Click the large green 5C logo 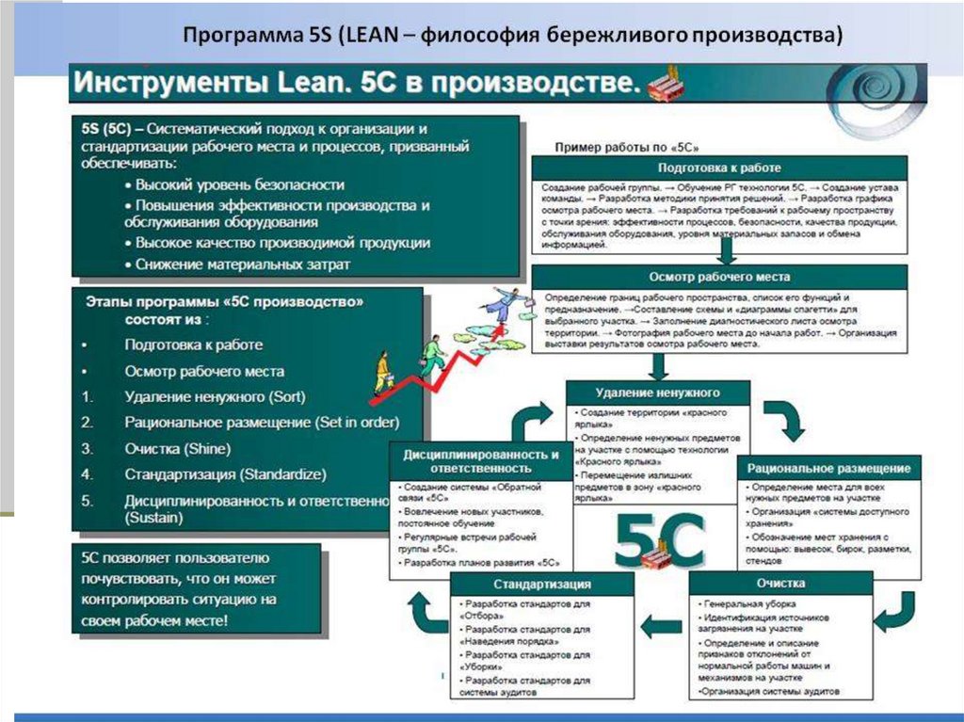click(x=659, y=538)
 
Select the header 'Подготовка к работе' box click(x=719, y=168)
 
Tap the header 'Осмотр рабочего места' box click(x=719, y=277)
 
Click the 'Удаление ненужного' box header click(x=658, y=392)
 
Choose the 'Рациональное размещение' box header click(x=829, y=468)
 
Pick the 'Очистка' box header click(x=779, y=584)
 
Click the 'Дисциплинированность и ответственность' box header click(x=481, y=460)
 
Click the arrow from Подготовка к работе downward click(x=726, y=249)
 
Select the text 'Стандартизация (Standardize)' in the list click(x=225, y=473)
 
